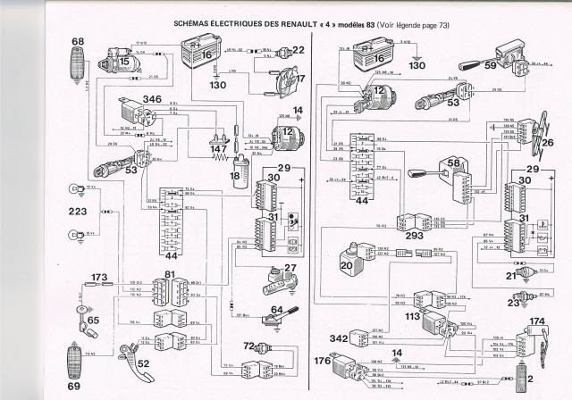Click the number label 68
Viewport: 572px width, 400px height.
[x=78, y=42]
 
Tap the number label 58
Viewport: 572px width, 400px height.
[x=455, y=162]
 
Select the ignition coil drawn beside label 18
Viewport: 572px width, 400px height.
[x=239, y=170]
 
